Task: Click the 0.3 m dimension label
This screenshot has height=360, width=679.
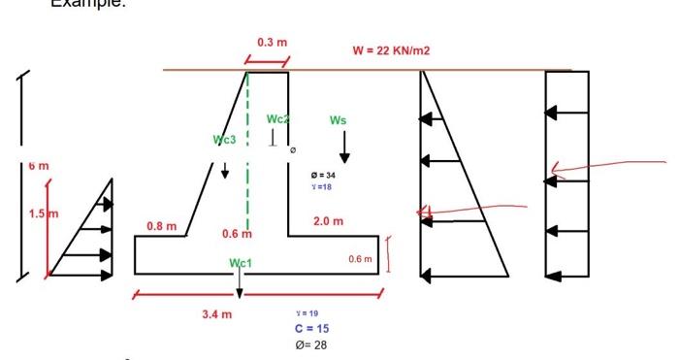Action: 273,43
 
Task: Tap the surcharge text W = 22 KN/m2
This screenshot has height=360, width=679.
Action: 392,50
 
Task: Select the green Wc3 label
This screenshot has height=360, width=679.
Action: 224,140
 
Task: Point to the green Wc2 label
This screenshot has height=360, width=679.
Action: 278,118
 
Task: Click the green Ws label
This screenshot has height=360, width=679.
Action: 338,120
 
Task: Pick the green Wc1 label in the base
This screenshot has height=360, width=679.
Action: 240,263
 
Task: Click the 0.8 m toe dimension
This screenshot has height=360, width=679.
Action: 161,226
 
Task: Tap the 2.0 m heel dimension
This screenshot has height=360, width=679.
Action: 328,222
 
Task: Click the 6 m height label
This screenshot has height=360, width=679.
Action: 37,166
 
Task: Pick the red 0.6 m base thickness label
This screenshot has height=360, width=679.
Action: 360,259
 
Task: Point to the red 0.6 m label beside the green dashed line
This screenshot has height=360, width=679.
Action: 237,234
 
